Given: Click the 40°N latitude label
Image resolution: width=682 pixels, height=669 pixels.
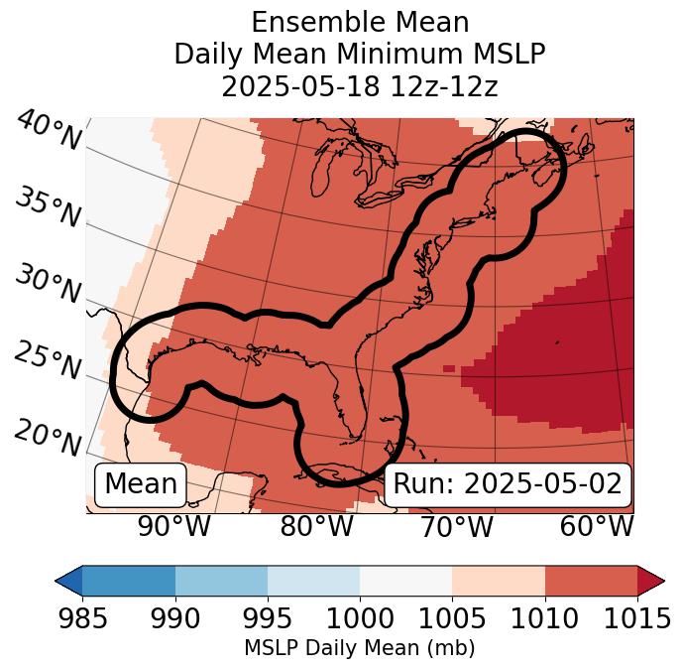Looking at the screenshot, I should pyautogui.click(x=48, y=132).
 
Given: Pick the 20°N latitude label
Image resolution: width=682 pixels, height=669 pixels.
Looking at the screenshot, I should pyautogui.click(x=48, y=438).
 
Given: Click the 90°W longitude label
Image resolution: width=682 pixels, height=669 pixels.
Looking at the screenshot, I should pyautogui.click(x=173, y=527).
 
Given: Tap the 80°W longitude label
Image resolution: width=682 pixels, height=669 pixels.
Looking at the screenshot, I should pyautogui.click(x=316, y=527).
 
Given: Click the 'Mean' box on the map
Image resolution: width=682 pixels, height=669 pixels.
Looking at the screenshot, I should pyautogui.click(x=141, y=484).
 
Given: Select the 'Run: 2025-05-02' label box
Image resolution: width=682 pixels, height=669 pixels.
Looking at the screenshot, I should pyautogui.click(x=508, y=484).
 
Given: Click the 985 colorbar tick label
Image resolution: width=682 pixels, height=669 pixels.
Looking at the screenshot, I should pyautogui.click(x=82, y=619).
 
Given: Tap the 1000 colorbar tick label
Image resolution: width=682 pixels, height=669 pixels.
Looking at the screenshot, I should pyautogui.click(x=360, y=619).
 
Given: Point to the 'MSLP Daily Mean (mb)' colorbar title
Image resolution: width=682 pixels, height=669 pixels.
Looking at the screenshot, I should pyautogui.click(x=360, y=649).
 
